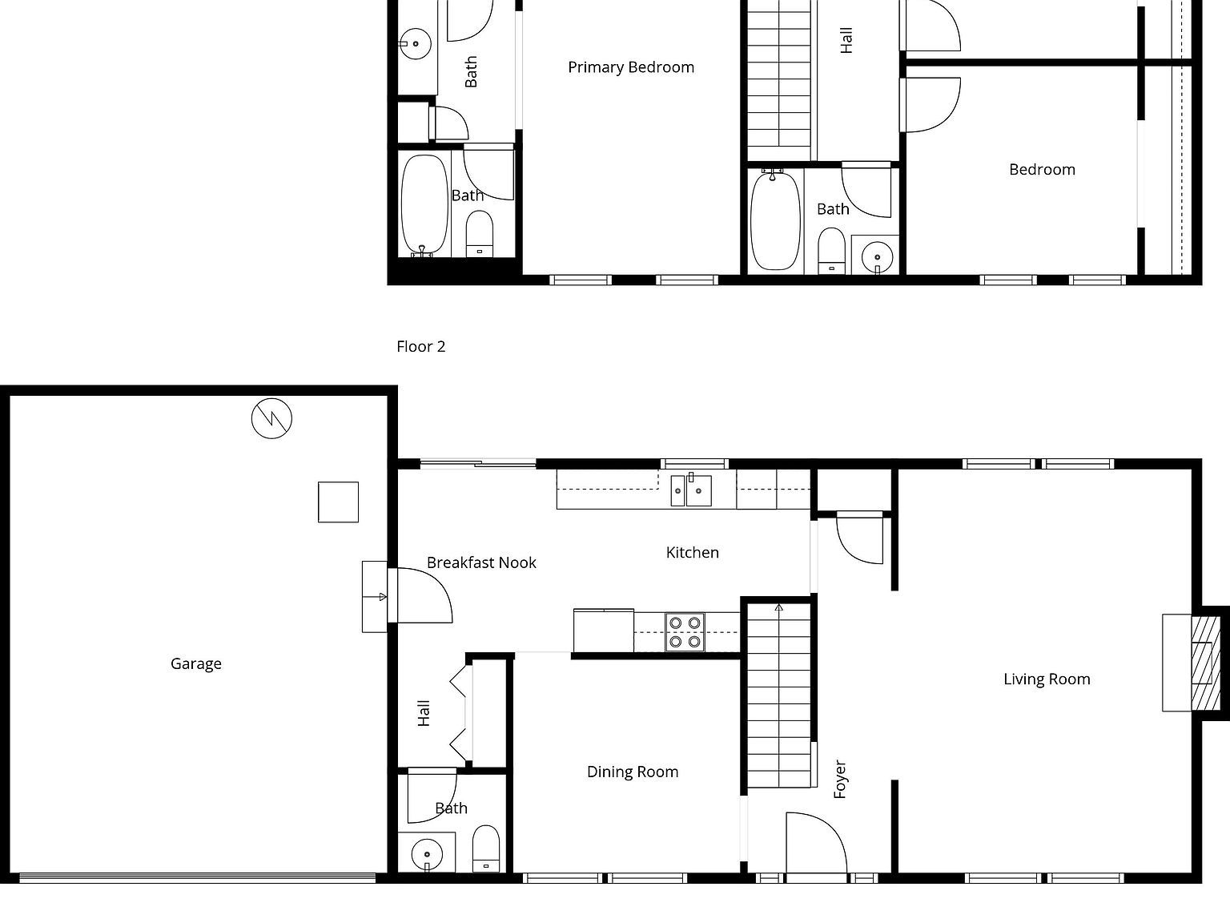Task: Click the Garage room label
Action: click(195, 663)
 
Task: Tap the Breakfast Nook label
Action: click(481, 562)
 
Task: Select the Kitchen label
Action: click(692, 552)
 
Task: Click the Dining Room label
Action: click(632, 772)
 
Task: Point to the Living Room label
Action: click(1046, 679)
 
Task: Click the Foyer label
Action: click(840, 779)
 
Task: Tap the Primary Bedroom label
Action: click(630, 67)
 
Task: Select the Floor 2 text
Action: click(420, 346)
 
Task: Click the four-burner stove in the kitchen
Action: click(685, 631)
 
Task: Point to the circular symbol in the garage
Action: click(271, 417)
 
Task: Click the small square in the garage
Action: click(338, 502)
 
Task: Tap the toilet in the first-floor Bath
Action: click(485, 848)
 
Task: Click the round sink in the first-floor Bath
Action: click(426, 853)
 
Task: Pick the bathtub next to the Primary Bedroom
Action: click(424, 204)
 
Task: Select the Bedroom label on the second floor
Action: click(1041, 169)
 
